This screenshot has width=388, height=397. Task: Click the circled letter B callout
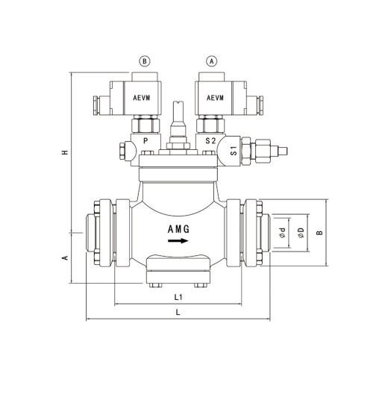(x=145, y=62)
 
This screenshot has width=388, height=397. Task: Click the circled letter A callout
(x=213, y=62)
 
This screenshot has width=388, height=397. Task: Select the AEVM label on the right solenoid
(x=214, y=98)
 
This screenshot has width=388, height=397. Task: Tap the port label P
(x=145, y=140)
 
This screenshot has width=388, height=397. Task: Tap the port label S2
(x=211, y=140)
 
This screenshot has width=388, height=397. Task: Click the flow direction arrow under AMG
(x=177, y=241)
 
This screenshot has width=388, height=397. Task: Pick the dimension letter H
(x=65, y=153)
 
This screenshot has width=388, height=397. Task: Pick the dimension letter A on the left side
(x=65, y=257)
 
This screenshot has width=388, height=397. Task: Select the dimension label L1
(x=178, y=296)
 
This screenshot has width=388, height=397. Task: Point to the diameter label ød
(x=281, y=233)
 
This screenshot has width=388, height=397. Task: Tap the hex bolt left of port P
(x=118, y=155)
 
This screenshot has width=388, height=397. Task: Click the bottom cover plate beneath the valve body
(x=178, y=266)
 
